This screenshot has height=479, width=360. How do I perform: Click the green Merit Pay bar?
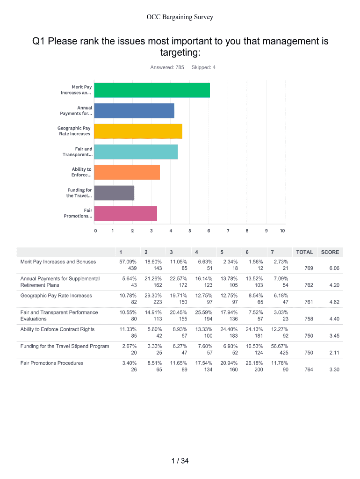click(x=152, y=90)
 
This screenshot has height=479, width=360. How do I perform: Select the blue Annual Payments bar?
click(x=134, y=111)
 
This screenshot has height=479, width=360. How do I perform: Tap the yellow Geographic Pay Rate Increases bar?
click(x=138, y=131)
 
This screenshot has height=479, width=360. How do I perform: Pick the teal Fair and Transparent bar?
click(x=136, y=152)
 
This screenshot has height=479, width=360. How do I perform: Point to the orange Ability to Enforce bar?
click(x=127, y=173)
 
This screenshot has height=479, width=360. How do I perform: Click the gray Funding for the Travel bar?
click(x=114, y=193)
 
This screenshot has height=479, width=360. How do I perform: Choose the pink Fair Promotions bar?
click(x=125, y=214)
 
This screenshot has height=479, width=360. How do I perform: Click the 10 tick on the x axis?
click(x=282, y=231)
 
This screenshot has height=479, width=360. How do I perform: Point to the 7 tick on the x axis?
click(x=228, y=231)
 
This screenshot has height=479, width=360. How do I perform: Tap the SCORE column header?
click(x=330, y=252)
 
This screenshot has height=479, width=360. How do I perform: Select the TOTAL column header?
click(x=304, y=252)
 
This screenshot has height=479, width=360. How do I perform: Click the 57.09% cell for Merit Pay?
click(x=128, y=262)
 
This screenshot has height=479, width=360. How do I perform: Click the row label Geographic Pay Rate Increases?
click(x=56, y=296)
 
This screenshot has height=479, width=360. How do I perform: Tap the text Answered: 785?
click(x=167, y=67)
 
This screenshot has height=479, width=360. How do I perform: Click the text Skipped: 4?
click(x=203, y=67)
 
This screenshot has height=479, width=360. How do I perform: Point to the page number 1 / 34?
click(x=180, y=461)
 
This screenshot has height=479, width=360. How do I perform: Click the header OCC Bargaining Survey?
click(x=180, y=17)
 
